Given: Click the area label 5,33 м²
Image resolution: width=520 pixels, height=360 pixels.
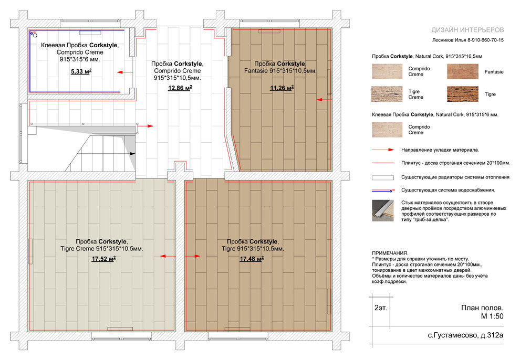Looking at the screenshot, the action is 81,71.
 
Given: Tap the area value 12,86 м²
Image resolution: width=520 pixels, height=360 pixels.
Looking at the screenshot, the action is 180,88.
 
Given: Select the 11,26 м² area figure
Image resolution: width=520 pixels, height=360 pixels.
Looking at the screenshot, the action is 282,88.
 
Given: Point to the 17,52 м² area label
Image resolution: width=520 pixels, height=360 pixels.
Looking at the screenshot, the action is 103,259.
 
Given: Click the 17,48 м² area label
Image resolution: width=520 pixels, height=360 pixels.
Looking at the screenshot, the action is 252,259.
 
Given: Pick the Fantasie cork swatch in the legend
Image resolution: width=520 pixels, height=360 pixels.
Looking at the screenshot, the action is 463,71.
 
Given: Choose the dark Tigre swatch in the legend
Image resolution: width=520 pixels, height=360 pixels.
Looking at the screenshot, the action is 463,94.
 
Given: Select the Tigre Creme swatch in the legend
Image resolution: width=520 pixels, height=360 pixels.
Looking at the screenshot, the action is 387,94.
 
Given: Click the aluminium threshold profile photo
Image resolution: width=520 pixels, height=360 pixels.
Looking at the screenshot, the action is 383,210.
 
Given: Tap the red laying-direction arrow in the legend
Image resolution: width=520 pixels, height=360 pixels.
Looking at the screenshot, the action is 383,150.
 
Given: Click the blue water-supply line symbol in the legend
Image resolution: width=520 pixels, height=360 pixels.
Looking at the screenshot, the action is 383,190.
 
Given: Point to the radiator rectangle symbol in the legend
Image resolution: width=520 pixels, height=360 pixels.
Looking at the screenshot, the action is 383,177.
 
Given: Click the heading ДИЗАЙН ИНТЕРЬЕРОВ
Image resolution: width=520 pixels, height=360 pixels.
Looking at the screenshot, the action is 467,30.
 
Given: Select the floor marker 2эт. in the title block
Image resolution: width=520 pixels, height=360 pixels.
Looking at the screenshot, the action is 381,308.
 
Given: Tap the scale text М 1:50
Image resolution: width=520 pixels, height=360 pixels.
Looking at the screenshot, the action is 492,316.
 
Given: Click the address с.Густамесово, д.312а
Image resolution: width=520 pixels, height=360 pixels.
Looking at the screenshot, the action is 465,335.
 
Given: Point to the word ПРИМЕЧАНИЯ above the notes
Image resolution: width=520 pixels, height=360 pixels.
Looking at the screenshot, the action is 390,253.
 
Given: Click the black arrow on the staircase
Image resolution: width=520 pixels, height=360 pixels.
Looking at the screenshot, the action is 133,154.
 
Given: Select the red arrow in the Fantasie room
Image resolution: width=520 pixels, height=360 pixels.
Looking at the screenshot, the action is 324,99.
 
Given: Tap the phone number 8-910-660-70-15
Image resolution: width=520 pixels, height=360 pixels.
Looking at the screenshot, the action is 485,40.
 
